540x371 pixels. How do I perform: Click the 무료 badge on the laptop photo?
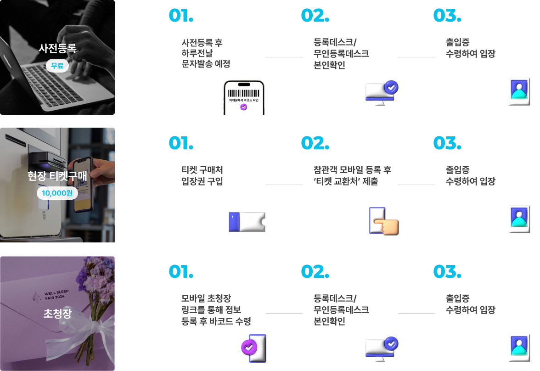pyautogui.click(x=57, y=66)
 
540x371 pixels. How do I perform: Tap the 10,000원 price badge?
pyautogui.click(x=57, y=193)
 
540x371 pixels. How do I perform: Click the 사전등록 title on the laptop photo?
pyautogui.click(x=57, y=48)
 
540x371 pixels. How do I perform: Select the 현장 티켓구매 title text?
pyautogui.click(x=57, y=176)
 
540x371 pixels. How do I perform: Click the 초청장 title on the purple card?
pyautogui.click(x=57, y=313)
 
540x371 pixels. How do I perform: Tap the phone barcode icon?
pyautogui.click(x=244, y=97)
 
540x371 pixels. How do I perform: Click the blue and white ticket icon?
pyautogui.click(x=247, y=221)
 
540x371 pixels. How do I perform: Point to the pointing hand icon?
pyautogui.click(x=384, y=221)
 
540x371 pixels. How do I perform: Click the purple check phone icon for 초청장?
pyautogui.click(x=254, y=348)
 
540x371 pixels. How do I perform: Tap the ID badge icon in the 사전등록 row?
pyautogui.click(x=519, y=92)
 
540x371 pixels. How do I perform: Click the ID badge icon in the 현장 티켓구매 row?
pyautogui.click(x=519, y=219)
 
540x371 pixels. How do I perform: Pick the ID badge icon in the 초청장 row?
pyautogui.click(x=519, y=348)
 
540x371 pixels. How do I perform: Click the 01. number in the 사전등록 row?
pyautogui.click(x=181, y=16)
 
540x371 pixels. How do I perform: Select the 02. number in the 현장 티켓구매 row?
pyautogui.click(x=315, y=143)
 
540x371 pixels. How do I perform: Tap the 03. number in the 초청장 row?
pyautogui.click(x=447, y=271)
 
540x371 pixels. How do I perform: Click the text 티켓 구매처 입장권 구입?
pyautogui.click(x=202, y=175)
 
